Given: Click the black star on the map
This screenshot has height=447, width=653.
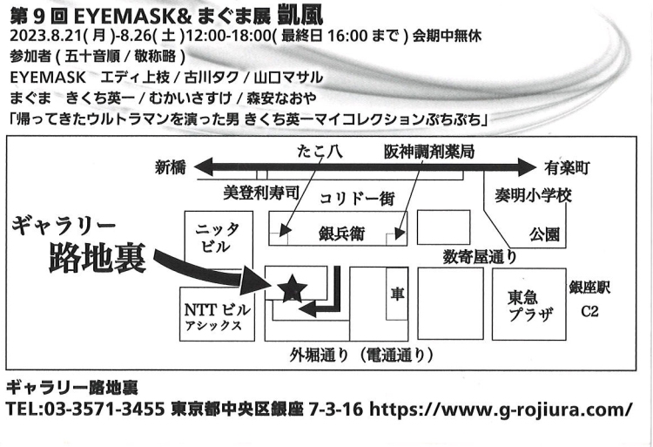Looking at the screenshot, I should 292,288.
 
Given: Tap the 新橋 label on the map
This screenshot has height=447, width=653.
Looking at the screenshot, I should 171,168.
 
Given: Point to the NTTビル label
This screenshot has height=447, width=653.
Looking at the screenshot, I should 217,310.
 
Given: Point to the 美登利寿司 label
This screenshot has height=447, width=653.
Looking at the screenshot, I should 261,190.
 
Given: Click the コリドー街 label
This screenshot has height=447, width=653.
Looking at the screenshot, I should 357,198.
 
